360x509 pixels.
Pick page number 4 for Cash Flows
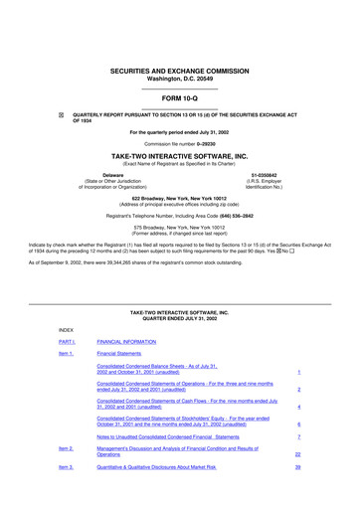pyautogui.click(x=297, y=407)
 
